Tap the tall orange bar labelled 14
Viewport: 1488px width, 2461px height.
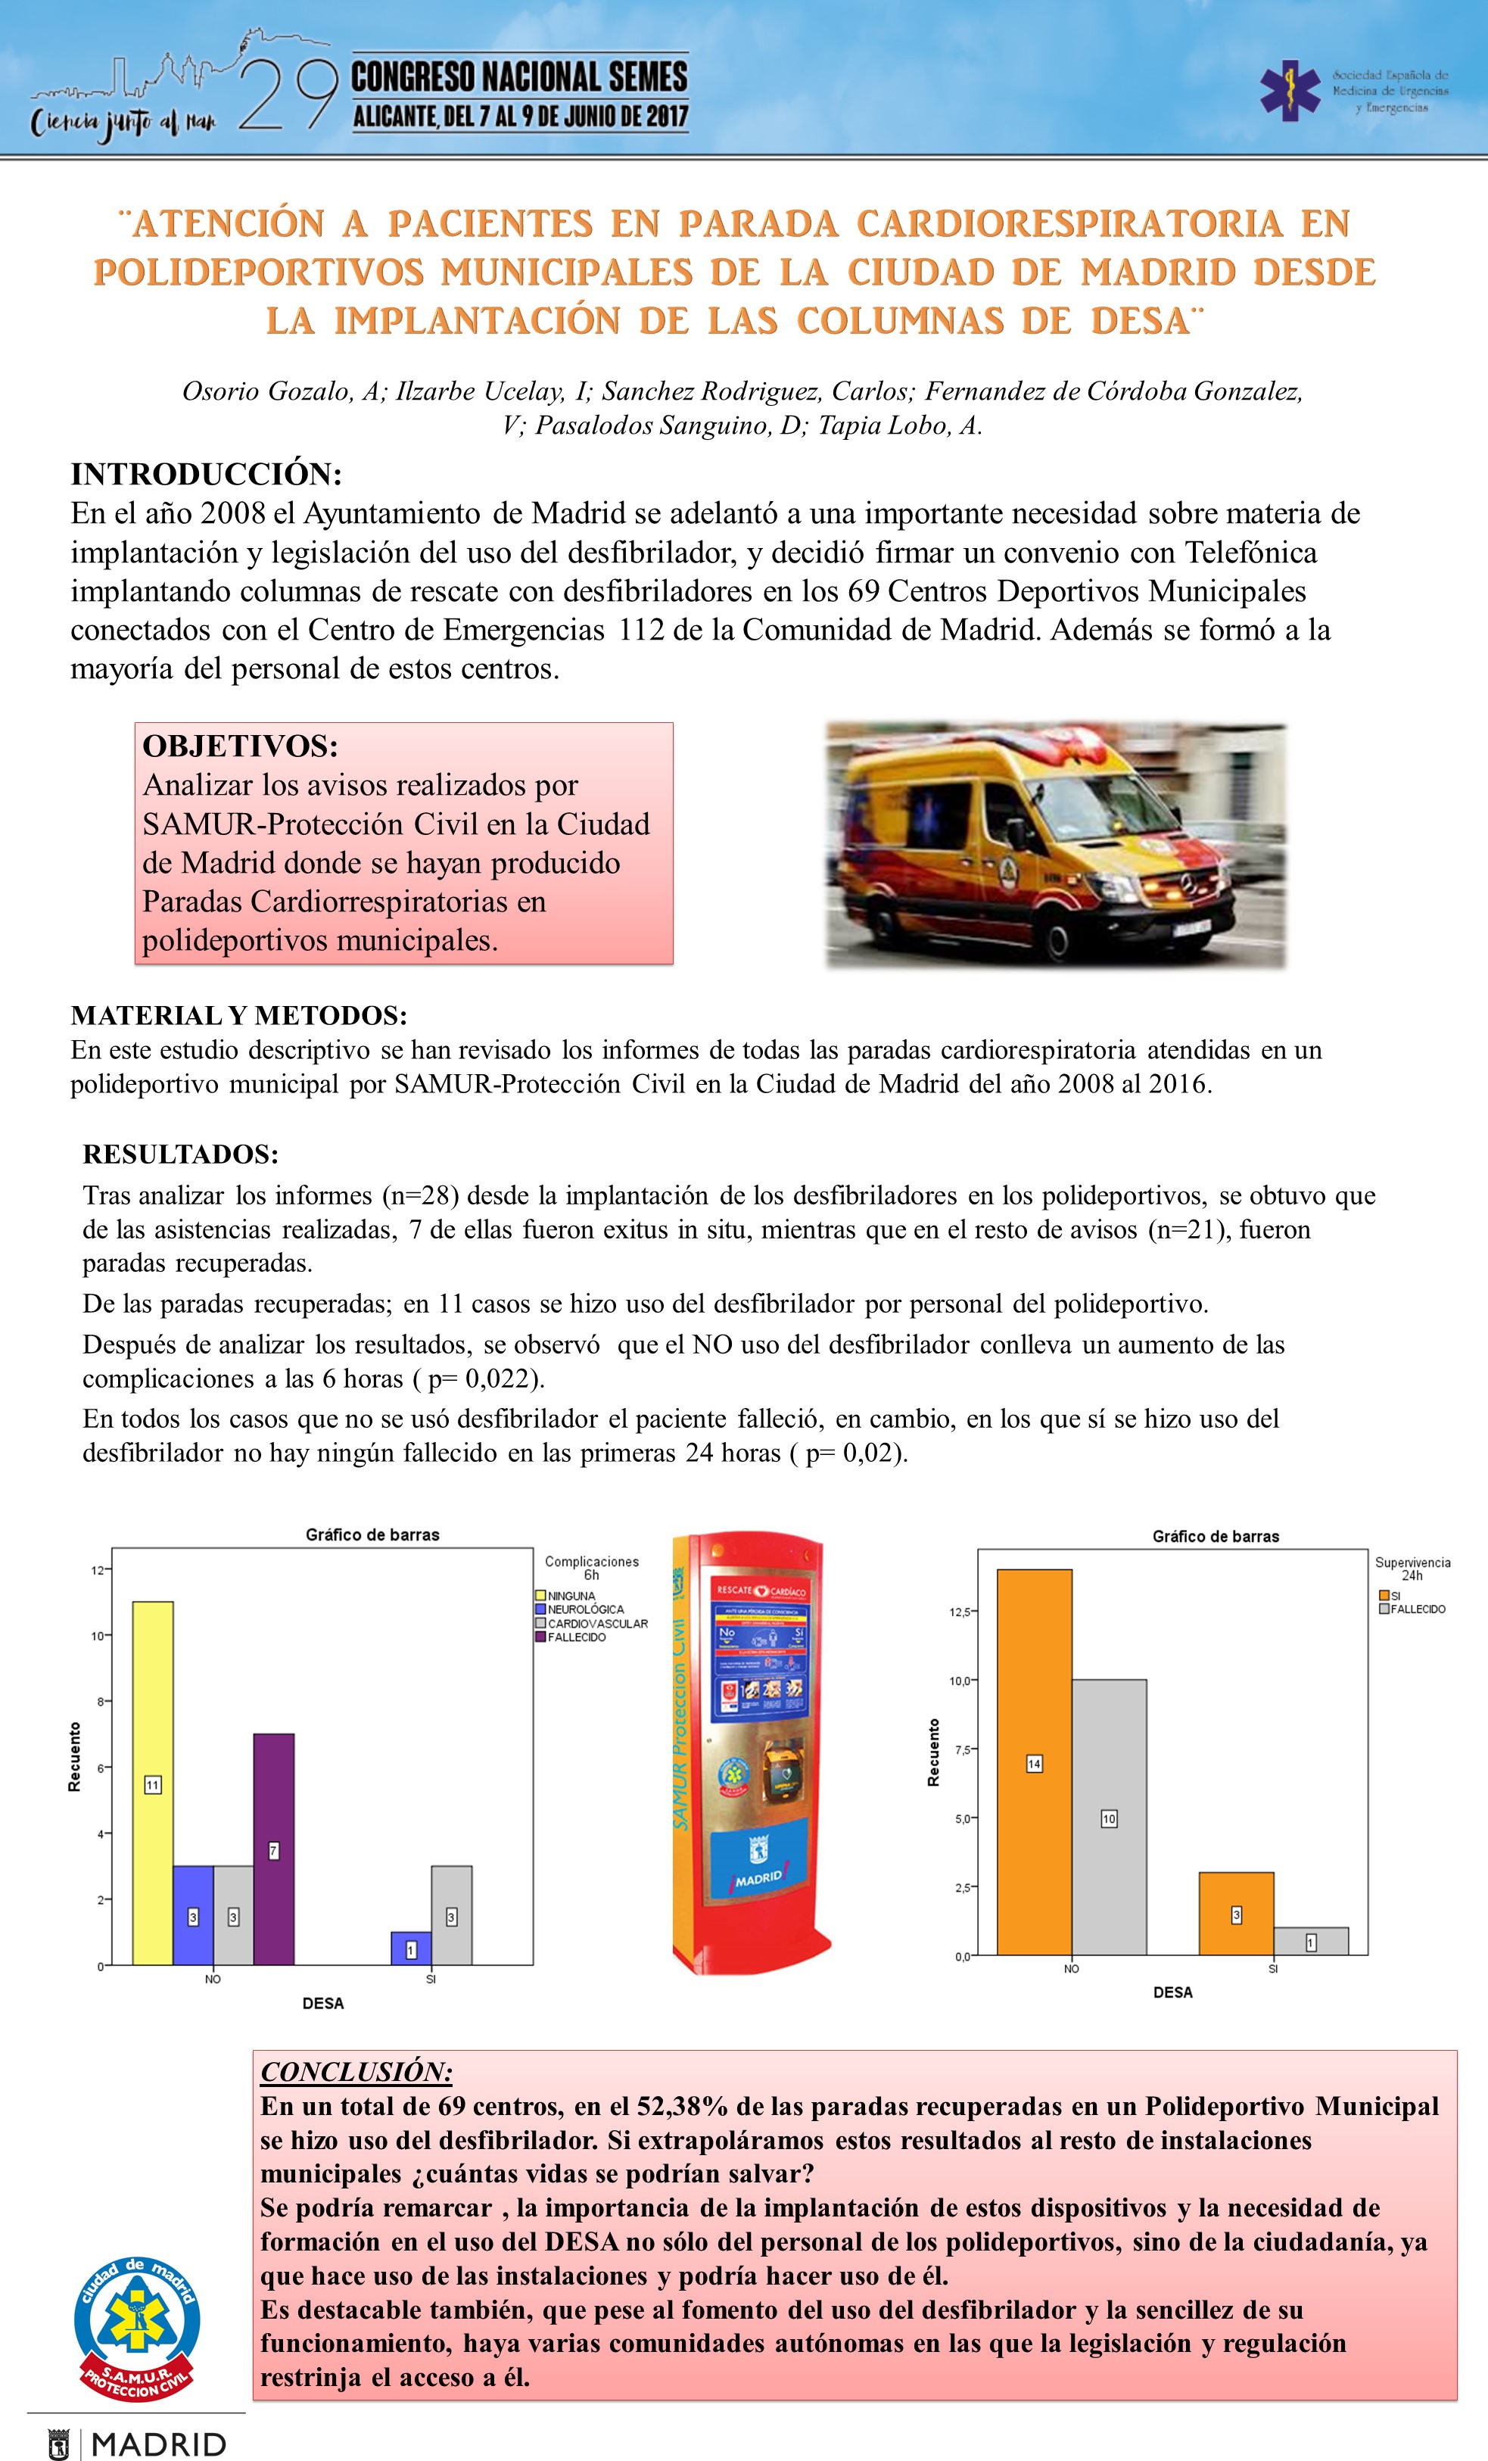1035,1763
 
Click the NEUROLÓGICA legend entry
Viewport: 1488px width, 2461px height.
584,1609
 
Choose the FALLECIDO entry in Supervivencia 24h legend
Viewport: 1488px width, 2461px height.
1416,1609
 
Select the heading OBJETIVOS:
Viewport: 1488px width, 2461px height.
241,746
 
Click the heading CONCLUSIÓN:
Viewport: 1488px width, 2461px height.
356,2071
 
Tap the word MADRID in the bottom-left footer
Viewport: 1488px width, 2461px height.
159,2444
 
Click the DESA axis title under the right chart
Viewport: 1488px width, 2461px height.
1172,1992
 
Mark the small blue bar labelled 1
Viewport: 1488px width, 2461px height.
410,1949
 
